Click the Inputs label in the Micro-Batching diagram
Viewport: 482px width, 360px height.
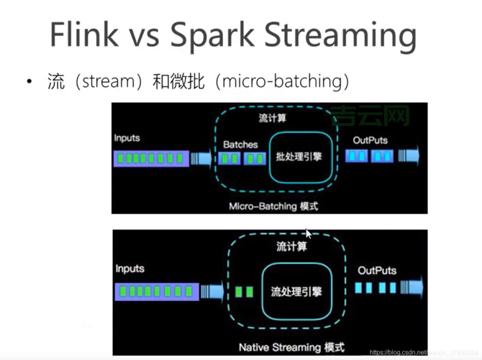point(127,137)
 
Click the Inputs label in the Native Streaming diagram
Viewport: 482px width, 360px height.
point(129,269)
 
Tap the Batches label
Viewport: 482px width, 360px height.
point(240,144)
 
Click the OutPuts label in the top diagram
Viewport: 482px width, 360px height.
point(370,140)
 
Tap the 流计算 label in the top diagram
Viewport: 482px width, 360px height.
point(272,118)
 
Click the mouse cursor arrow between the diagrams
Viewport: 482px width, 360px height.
point(308,233)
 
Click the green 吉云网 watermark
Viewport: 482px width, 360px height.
point(370,114)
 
